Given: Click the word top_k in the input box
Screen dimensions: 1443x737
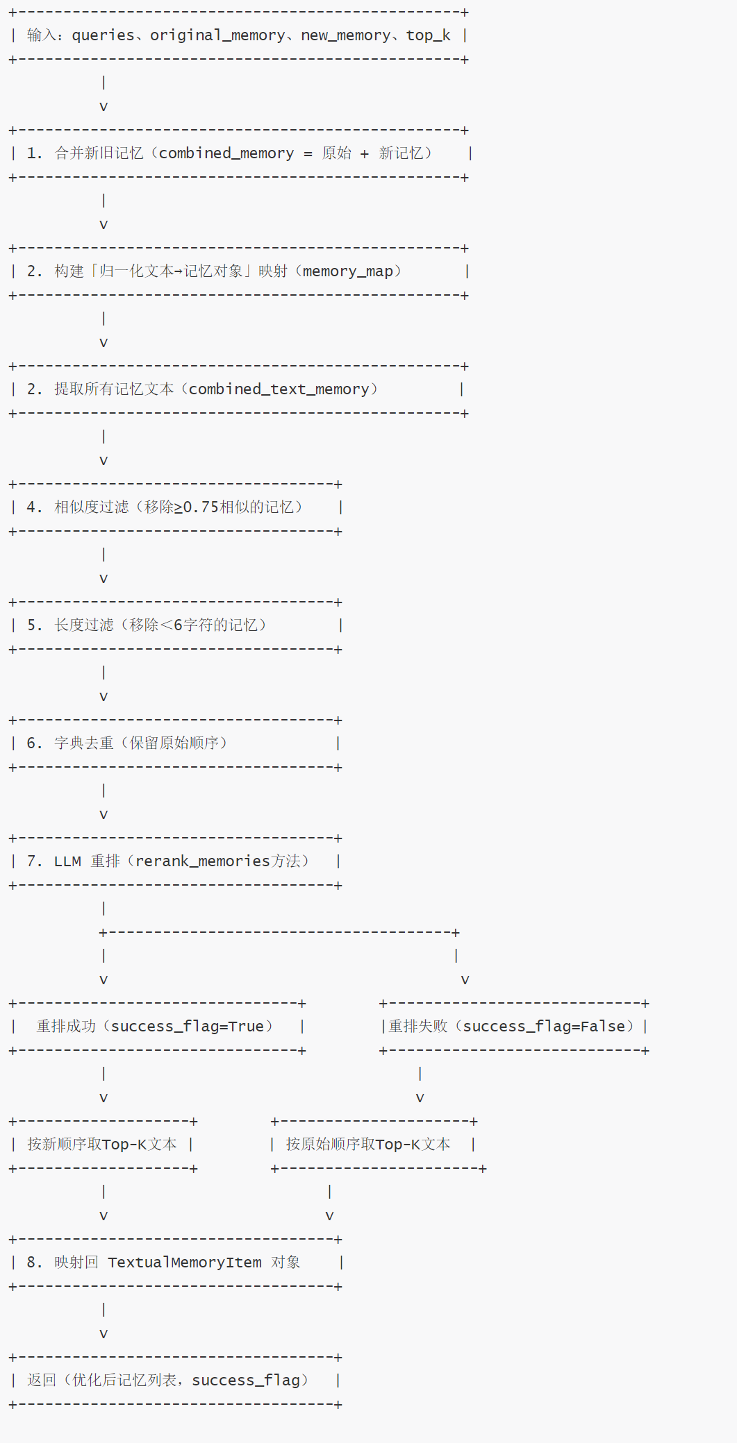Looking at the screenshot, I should (x=428, y=35).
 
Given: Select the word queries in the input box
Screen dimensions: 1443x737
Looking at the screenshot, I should (x=103, y=35).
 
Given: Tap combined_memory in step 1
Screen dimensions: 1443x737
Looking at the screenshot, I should (x=226, y=153).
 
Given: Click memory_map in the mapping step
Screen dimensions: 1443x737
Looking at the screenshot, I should (x=347, y=271).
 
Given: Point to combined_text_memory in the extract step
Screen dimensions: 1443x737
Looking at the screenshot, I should (x=279, y=389).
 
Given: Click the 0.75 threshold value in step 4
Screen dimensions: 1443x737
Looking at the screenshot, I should (x=201, y=507).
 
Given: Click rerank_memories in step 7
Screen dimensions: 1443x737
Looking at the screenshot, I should (x=202, y=861).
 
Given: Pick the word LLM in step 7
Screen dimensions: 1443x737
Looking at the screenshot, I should (x=67, y=861).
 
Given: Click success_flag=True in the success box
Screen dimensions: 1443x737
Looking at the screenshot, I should (x=188, y=1027).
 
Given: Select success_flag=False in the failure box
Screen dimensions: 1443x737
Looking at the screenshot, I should (x=544, y=1027).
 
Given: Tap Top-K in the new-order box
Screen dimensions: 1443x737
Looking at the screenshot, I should (x=124, y=1145).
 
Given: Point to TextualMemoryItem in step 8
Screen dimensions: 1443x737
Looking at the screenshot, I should (x=185, y=1263).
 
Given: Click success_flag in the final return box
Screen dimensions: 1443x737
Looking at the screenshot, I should (x=246, y=1381).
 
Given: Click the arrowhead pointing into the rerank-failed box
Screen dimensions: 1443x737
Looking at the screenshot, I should (x=465, y=980).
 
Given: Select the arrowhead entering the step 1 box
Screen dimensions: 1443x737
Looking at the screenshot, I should (x=103, y=107).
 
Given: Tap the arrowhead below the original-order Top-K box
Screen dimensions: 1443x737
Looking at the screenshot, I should (x=329, y=1216).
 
